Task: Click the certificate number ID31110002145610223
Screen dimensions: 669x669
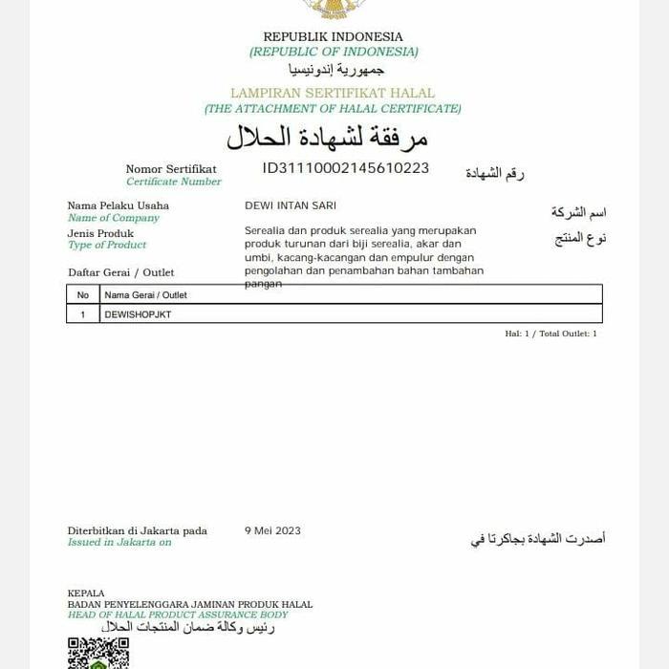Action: coord(346,168)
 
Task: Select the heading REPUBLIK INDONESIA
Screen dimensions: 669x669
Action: coord(334,37)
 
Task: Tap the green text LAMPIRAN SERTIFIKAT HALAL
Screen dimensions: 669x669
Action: coord(333,94)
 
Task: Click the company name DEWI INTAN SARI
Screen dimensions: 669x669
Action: coord(291,205)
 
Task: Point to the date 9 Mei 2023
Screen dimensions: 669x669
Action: coord(272,530)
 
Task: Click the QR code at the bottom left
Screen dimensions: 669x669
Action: coord(97,654)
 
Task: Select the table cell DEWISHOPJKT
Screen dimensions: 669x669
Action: coord(138,314)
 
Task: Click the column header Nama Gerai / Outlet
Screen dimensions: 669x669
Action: coord(145,295)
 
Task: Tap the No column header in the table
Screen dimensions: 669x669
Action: coord(83,295)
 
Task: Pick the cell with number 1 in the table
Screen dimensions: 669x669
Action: coord(83,314)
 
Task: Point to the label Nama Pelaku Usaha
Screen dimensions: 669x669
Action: coord(118,205)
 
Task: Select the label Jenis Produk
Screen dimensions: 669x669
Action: coord(100,233)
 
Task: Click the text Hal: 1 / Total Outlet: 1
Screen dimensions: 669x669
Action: coord(550,334)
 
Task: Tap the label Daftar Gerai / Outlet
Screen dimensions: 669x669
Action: coord(120,272)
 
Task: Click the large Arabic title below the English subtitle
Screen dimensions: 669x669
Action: coord(327,138)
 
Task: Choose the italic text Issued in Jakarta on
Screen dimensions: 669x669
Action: coord(119,542)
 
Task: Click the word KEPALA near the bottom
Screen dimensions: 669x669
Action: coord(86,593)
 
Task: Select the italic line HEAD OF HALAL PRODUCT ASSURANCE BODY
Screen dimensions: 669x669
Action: coord(178,615)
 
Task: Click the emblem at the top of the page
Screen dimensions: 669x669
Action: coord(334,9)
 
